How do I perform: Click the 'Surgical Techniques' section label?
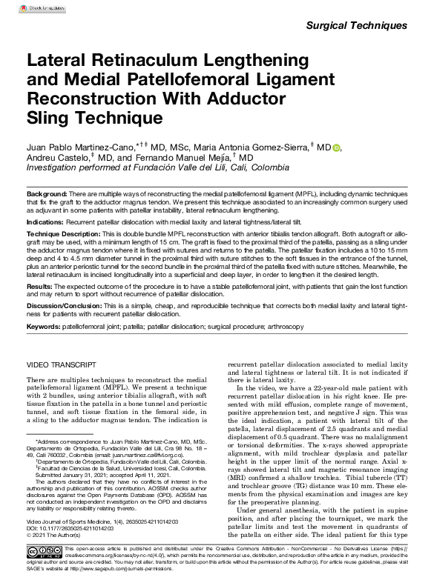[356, 25]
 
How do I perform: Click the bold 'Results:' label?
[39, 284]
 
